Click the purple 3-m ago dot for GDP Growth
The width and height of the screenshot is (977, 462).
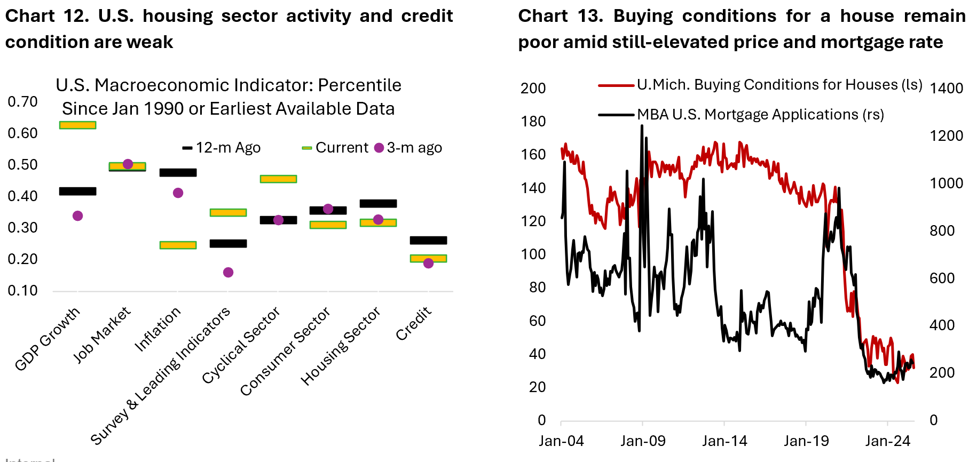77,216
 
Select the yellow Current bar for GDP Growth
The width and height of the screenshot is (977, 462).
77,125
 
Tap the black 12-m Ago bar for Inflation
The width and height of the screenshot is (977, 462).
178,172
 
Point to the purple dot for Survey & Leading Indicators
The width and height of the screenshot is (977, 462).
228,272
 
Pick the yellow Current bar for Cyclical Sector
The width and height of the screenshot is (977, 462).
278,179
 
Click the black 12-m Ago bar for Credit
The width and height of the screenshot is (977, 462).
428,240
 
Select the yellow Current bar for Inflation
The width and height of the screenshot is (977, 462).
178,245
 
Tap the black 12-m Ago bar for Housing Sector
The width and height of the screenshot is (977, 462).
378,203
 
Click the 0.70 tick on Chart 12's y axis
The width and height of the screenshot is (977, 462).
22,101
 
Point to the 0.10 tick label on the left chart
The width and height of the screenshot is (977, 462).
22,290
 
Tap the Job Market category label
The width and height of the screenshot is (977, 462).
101,334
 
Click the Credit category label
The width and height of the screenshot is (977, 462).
413,323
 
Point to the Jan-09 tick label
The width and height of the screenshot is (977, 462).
643,441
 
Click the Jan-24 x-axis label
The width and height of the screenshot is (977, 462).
887,441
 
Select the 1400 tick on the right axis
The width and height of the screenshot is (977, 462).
946,88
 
